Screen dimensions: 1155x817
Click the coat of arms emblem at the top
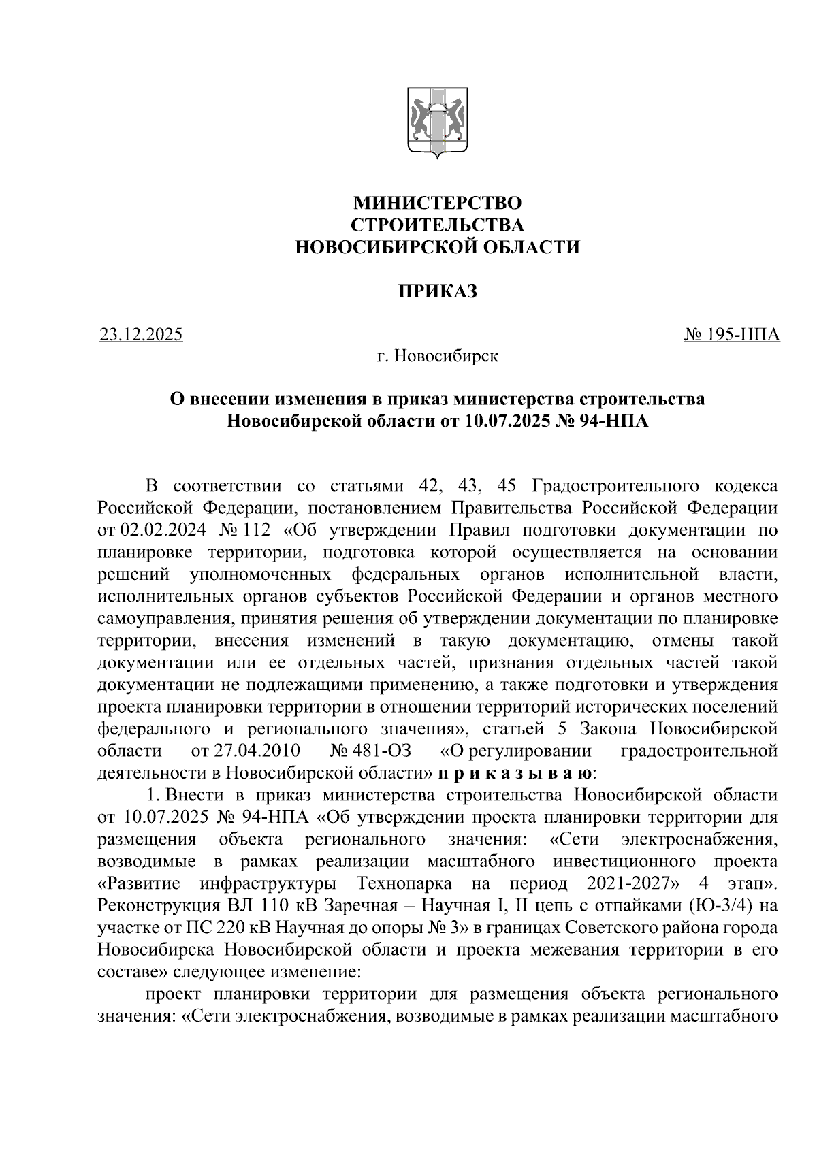[436, 123]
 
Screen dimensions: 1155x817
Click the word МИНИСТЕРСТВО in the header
[436, 203]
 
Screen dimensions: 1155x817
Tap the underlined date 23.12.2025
[141, 335]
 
